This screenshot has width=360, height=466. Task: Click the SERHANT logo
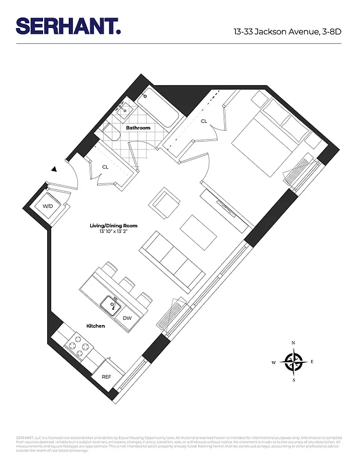(69, 27)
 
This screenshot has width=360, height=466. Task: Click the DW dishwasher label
(127, 318)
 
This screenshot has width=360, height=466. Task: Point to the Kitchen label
(96, 326)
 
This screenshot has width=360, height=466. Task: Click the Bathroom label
(138, 128)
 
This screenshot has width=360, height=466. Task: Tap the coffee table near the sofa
(199, 228)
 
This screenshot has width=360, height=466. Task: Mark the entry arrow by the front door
(54, 169)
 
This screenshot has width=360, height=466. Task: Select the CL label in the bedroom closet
(204, 121)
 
